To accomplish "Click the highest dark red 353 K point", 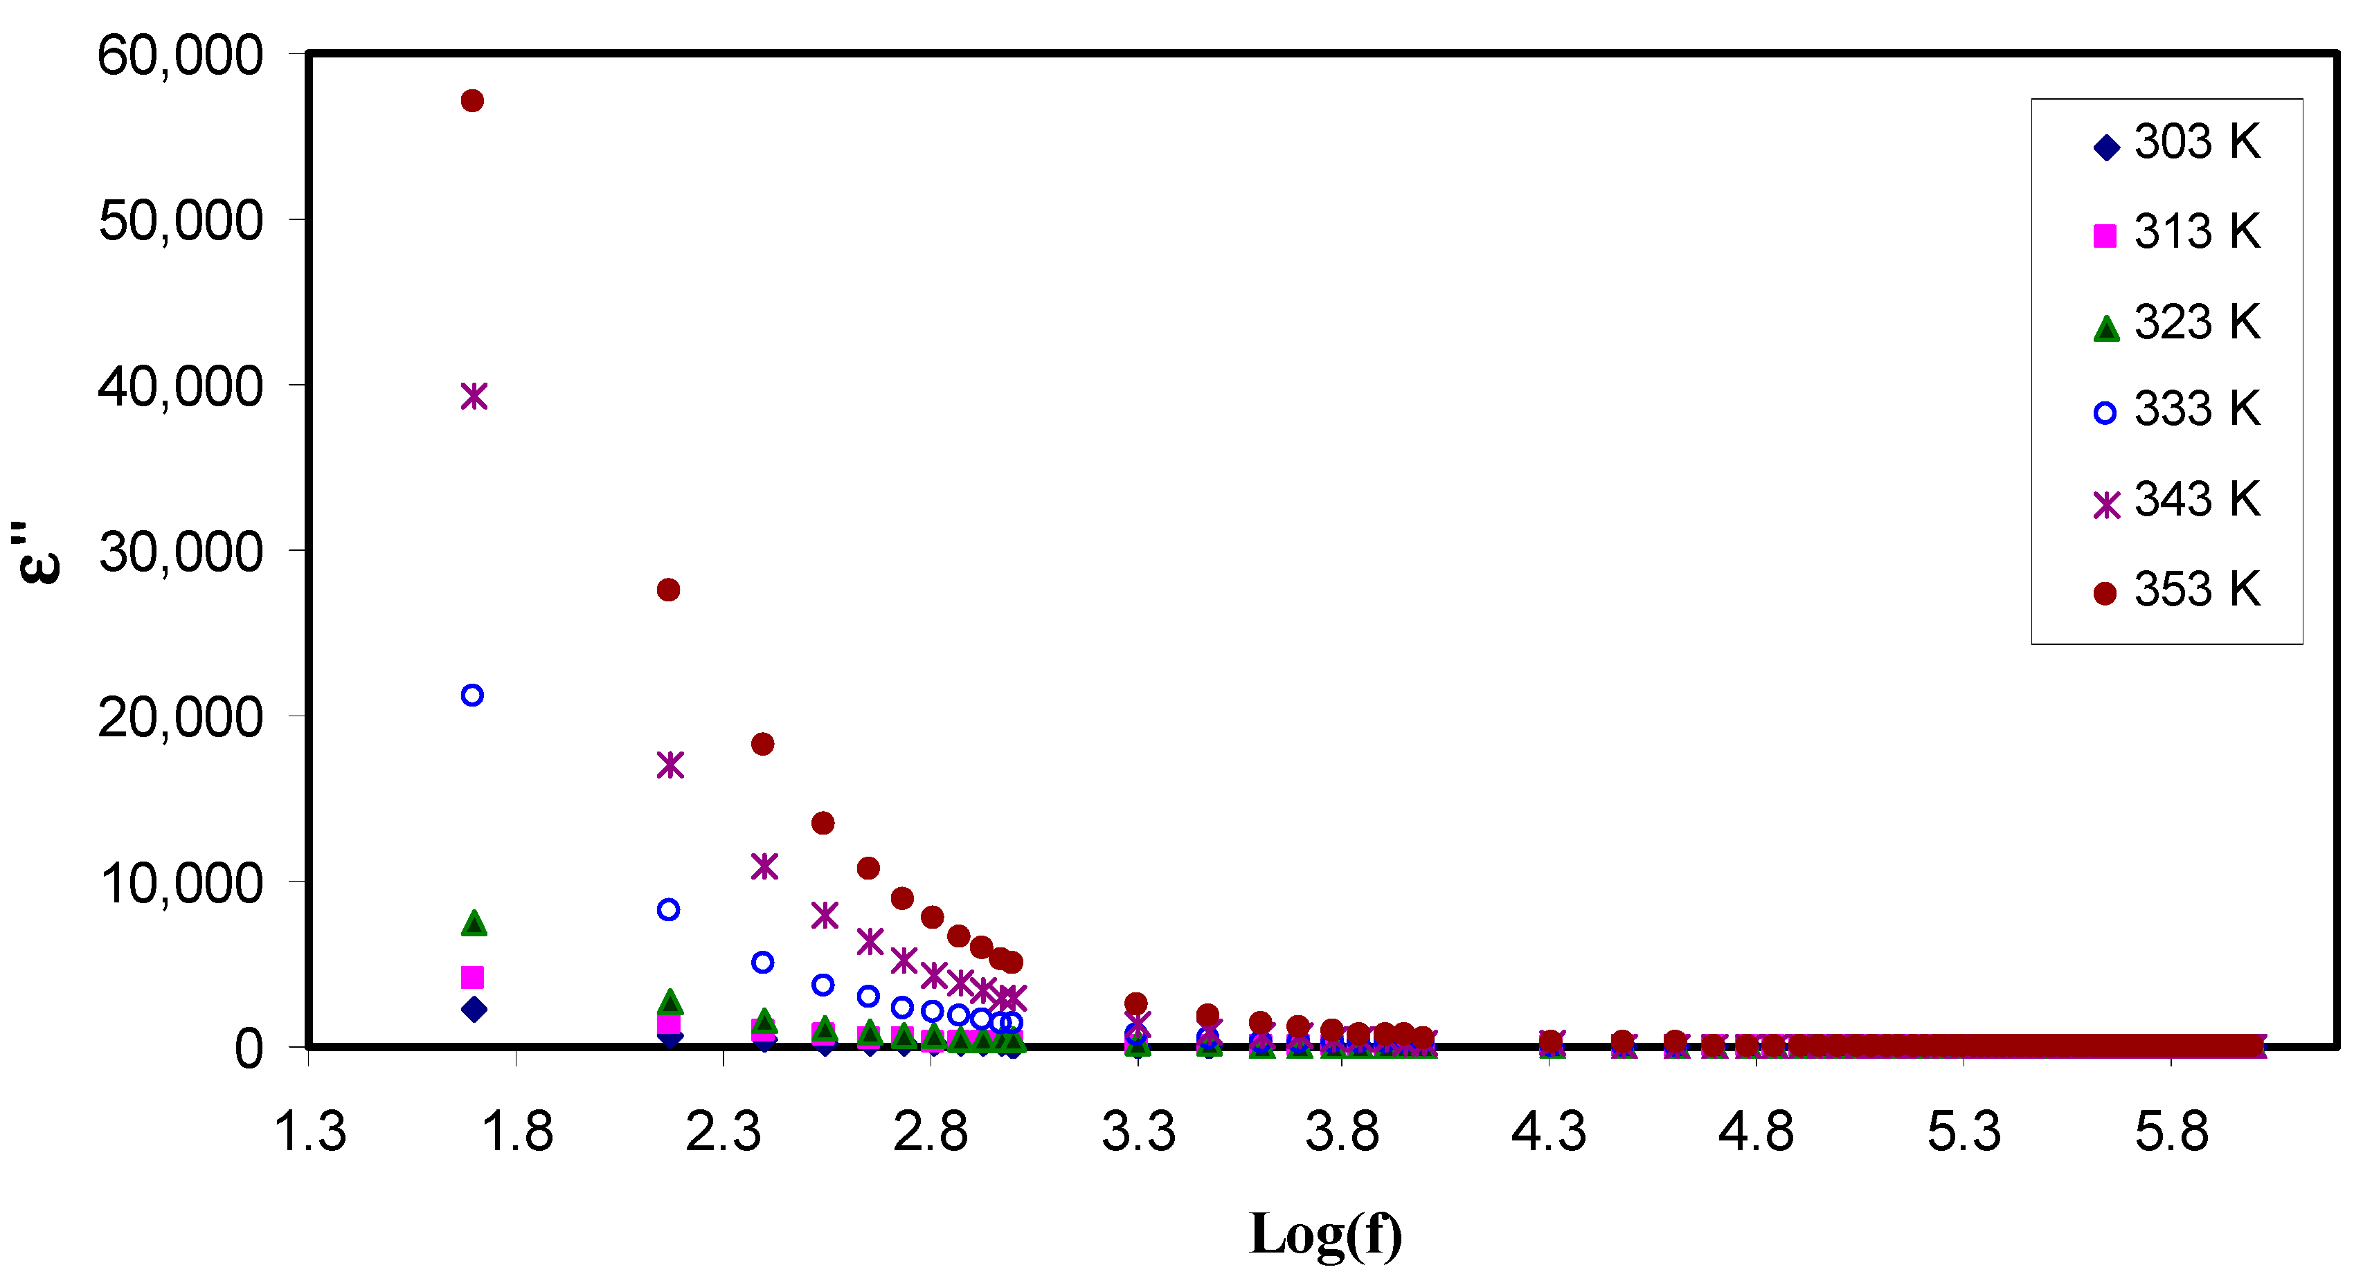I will pyautogui.click(x=472, y=101).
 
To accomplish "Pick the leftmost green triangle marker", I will pyautogui.click(x=474, y=922).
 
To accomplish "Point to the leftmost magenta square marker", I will pyautogui.click(x=472, y=978).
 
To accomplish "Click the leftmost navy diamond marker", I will pyautogui.click(x=474, y=1010).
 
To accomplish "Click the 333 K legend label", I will pyautogui.click(x=2196, y=409).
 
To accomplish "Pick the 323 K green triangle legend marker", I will pyautogui.click(x=2106, y=328).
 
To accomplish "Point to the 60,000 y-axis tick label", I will pyautogui.click(x=180, y=56).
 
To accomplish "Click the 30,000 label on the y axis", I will pyautogui.click(x=180, y=553).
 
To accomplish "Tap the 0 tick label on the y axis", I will pyautogui.click(x=248, y=1049).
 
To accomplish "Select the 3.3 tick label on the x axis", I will pyautogui.click(x=1138, y=1131).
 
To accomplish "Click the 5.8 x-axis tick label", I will pyautogui.click(x=2171, y=1131).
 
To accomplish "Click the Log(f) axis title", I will pyautogui.click(x=1326, y=1235).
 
